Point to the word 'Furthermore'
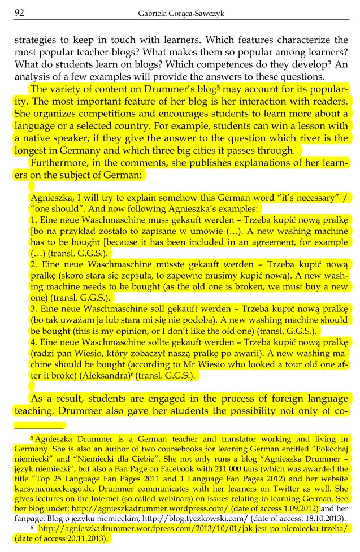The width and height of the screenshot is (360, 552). point(55,164)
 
